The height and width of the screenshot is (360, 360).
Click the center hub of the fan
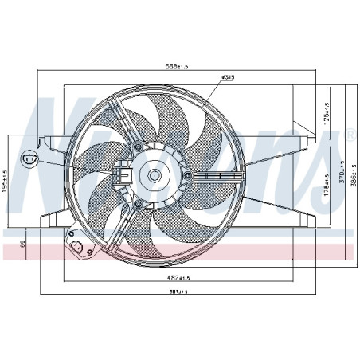point(154,174)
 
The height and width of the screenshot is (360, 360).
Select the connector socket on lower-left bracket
point(77,248)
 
